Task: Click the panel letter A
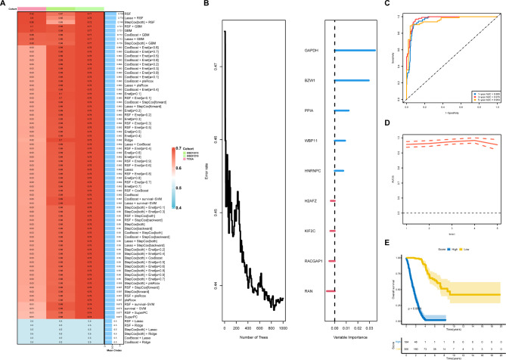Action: tap(4, 4)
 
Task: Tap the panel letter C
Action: tap(387, 4)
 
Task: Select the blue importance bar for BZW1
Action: tap(352, 80)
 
